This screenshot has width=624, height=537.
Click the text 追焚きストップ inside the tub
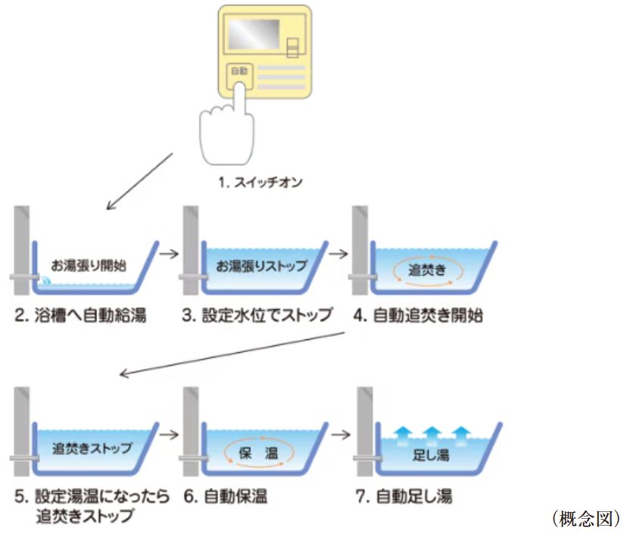[x=92, y=447]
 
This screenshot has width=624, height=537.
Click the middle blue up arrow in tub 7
[x=432, y=432]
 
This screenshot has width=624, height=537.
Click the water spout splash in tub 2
[x=45, y=281]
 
